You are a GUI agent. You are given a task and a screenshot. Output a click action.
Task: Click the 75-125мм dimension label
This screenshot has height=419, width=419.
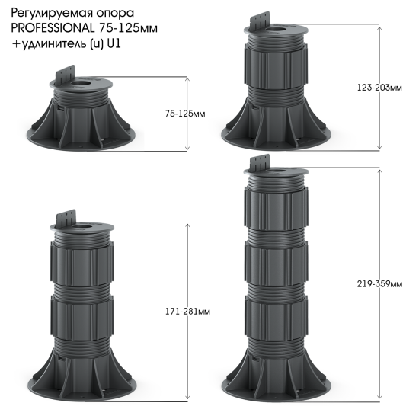185,114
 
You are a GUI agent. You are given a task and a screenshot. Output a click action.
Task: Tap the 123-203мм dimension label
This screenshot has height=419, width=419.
379,88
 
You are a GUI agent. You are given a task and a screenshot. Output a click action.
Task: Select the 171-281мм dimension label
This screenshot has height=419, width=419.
187,312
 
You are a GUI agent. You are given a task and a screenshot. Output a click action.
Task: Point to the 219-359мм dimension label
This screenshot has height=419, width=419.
379,284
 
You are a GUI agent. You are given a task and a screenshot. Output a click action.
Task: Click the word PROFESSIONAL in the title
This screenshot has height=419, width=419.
53,28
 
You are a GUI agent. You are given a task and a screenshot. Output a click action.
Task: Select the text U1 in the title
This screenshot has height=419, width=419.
114,43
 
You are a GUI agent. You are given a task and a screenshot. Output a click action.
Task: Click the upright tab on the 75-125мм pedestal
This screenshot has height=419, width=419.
66,74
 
